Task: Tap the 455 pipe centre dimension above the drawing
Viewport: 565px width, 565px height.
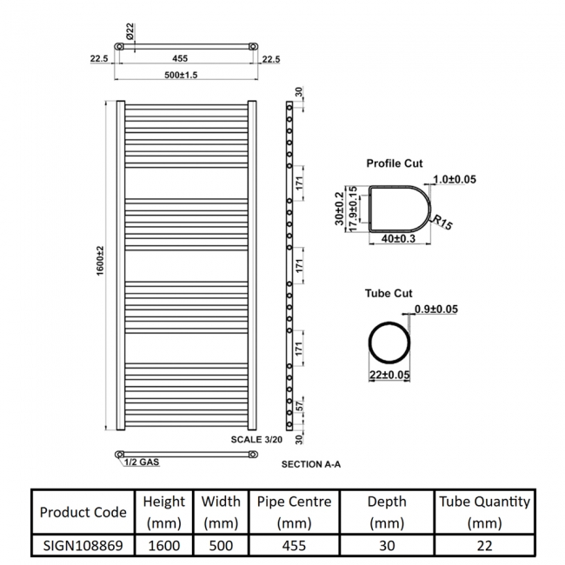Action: coord(180,58)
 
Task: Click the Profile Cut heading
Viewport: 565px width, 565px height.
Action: coord(395,163)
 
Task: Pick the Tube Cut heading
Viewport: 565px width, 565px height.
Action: coord(389,294)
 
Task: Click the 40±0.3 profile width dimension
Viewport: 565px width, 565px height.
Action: coord(399,238)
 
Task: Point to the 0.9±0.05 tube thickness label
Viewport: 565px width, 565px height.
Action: coord(436,309)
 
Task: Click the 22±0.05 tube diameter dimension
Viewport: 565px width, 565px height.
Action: coord(389,374)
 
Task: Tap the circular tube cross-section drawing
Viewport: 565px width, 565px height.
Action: coord(389,339)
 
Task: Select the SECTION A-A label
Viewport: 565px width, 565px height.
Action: coord(310,465)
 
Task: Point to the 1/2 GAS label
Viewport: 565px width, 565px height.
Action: coord(141,463)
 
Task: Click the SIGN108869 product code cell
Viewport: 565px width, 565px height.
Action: coord(83,545)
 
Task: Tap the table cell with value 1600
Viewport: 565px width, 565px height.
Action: coord(163,545)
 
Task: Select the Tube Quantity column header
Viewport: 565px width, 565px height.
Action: coord(484,512)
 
